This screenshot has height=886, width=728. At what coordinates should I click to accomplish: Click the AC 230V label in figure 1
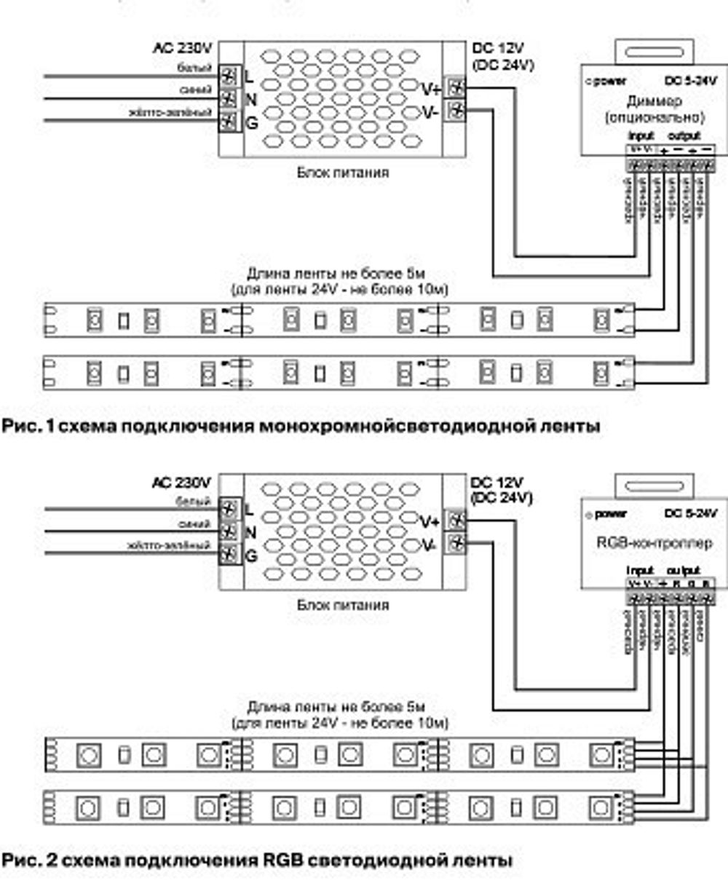(x=182, y=50)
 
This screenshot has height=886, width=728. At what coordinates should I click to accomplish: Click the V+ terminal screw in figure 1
(x=456, y=88)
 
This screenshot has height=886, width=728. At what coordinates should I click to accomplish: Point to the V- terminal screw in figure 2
(x=456, y=542)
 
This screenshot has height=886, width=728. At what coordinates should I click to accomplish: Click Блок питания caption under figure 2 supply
(x=342, y=604)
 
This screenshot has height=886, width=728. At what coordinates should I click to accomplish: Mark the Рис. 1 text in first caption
(x=28, y=427)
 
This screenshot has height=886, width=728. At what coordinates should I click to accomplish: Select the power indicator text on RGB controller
(x=611, y=514)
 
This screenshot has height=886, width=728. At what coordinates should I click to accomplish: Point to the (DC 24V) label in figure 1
(x=502, y=64)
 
